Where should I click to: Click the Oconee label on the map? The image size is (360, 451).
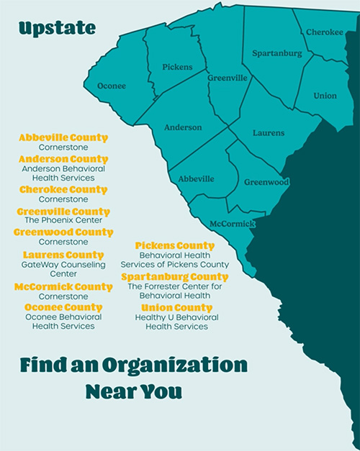point(111,86)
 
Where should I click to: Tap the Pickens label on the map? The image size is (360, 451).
point(177,67)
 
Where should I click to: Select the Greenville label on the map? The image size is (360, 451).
point(228,78)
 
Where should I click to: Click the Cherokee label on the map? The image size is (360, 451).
point(325,32)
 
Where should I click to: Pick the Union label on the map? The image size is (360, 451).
point(325,96)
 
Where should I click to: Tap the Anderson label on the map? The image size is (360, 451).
point(183,127)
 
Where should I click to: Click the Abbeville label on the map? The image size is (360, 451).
point(197,178)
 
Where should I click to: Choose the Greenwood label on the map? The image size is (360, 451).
point(266,183)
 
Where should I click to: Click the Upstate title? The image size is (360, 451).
point(57,29)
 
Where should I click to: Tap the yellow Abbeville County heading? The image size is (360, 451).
point(63,137)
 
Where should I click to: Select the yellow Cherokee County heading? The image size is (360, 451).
point(63,190)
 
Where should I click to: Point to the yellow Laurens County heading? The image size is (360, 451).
point(63,255)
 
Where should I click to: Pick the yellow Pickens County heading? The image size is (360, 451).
point(175,246)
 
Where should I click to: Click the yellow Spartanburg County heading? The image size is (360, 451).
point(175,277)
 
